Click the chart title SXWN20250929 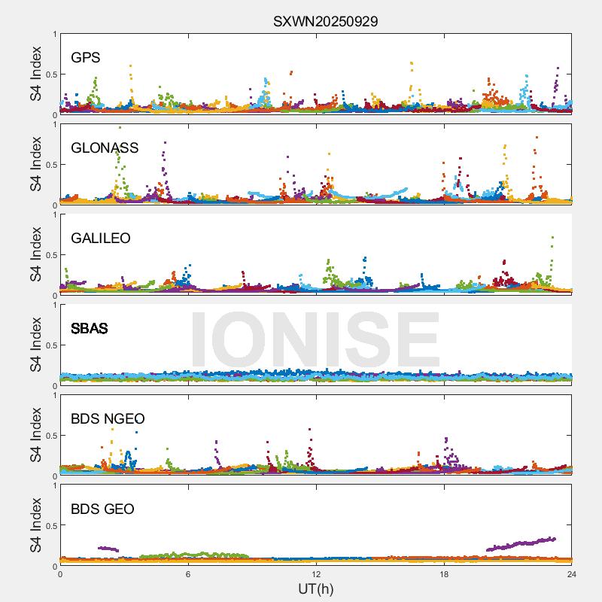tap(325, 21)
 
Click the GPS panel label tap(86, 58)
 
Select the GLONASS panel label tap(105, 148)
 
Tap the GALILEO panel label tap(101, 239)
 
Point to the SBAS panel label tap(89, 329)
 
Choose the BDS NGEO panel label tap(108, 419)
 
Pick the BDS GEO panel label tap(102, 509)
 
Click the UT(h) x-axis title tap(316, 588)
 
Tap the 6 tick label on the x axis tap(188, 574)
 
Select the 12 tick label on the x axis tap(316, 574)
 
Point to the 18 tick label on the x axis tap(444, 574)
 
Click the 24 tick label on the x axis tap(571, 574)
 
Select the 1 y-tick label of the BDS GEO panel tap(54, 485)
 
